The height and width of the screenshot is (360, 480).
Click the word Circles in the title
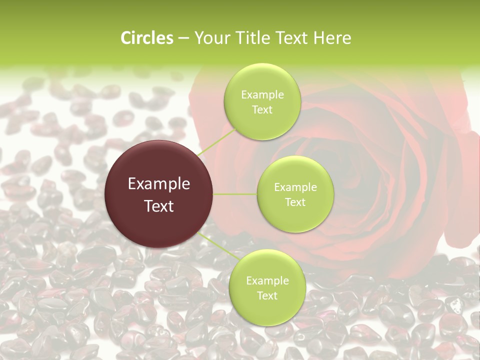tap(146, 38)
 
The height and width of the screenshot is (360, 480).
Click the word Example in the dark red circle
tap(158, 184)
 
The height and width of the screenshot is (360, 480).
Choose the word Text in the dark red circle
tap(158, 206)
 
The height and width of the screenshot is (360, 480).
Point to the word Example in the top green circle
tap(262, 95)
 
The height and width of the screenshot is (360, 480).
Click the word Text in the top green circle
tap(262, 110)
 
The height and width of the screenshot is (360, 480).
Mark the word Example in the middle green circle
tap(295, 187)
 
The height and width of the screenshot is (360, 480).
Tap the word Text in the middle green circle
tap(295, 202)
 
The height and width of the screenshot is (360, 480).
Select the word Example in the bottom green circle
tap(267, 281)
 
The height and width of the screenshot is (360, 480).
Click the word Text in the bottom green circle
tap(267, 296)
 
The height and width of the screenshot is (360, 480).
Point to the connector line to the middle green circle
tap(235, 193)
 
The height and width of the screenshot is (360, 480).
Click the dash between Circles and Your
tap(183, 38)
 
